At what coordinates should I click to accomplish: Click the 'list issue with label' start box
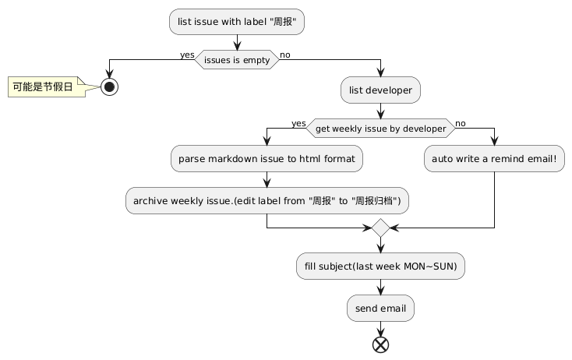click(x=236, y=22)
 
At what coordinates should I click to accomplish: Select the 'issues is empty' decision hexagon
click(x=236, y=60)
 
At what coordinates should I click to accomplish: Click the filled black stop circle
click(x=109, y=86)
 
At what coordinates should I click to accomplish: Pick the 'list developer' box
click(x=380, y=90)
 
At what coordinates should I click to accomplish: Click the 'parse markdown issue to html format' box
click(x=267, y=159)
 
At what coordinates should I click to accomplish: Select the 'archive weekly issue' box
click(x=267, y=201)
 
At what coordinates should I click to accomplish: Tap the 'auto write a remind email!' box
click(x=494, y=159)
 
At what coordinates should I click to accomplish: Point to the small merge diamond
click(x=380, y=228)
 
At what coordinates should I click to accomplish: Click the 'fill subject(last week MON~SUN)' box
click(x=380, y=266)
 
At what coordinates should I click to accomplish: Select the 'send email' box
click(x=380, y=309)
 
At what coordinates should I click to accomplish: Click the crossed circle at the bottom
click(x=380, y=344)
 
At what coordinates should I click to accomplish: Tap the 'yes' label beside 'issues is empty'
click(x=187, y=55)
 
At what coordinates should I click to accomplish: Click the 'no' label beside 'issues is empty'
click(x=285, y=55)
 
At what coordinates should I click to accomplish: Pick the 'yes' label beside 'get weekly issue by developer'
click(x=298, y=122)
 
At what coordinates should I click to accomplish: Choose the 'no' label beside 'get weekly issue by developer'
click(x=461, y=122)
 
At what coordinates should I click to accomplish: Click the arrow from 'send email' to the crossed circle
click(x=380, y=328)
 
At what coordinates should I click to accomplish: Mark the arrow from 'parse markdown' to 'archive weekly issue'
click(x=267, y=180)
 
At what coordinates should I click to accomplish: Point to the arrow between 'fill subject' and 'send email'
click(x=380, y=288)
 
